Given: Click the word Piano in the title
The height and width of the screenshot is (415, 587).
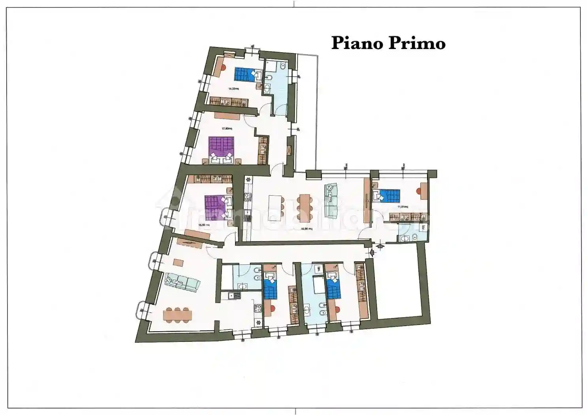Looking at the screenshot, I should [357, 43].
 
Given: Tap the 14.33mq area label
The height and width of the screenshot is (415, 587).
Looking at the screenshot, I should [233, 89].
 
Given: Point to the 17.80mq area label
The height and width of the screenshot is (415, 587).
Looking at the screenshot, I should [227, 128].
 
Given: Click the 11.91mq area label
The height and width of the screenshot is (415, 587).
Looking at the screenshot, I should [403, 206].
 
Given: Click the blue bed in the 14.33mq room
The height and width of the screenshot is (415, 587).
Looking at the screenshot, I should [245, 74].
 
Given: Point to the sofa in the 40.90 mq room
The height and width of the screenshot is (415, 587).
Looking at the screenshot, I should [331, 200].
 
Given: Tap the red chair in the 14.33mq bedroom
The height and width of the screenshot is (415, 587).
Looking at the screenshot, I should [222, 67].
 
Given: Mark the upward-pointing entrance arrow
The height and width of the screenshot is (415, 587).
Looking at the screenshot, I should [380, 247].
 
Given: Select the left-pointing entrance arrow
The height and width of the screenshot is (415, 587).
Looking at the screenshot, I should [371, 252].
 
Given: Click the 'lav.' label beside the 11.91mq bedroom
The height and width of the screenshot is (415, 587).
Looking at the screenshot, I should [423, 228].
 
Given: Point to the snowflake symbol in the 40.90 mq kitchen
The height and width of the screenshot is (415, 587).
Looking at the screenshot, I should [248, 180].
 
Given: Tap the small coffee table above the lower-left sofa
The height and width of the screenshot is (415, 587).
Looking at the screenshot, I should [178, 262].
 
